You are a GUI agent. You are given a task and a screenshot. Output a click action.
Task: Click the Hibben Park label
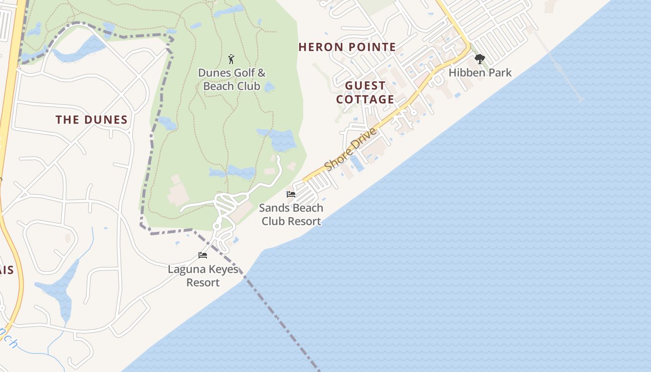(480, 73)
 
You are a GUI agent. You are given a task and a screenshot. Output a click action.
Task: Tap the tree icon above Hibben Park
(479, 59)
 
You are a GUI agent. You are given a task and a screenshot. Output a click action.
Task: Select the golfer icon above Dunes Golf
(231, 59)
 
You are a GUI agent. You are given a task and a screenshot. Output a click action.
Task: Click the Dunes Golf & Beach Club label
(232, 80)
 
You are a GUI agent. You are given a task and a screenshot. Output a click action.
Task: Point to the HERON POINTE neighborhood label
(347, 47)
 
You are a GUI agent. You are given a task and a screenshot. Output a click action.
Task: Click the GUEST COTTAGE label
(365, 93)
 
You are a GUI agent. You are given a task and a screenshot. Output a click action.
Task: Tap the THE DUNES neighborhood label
(92, 120)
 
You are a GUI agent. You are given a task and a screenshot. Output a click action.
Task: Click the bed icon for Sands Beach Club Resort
(291, 194)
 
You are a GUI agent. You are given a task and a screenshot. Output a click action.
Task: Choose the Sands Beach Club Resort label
(291, 214)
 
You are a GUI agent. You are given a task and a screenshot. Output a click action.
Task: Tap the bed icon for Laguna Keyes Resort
(202, 255)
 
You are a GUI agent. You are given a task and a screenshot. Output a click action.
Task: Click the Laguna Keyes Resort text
(203, 276)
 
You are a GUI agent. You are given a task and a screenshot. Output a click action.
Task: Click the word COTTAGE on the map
(365, 100)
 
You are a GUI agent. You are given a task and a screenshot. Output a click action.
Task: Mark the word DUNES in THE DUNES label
(105, 120)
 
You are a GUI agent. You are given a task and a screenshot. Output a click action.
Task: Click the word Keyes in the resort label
(222, 269)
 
